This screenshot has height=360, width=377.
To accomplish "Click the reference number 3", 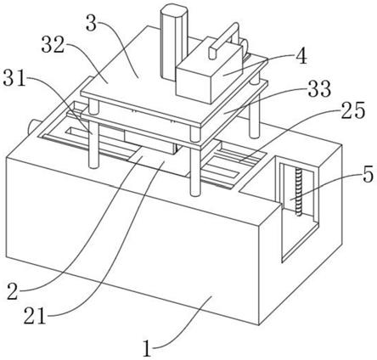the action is [x=92, y=23].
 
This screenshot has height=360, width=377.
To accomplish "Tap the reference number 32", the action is [x=53, y=45].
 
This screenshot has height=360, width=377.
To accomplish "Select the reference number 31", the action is [x=14, y=77].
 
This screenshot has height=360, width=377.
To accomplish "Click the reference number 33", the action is [x=319, y=88].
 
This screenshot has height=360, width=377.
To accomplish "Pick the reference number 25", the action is [x=353, y=110].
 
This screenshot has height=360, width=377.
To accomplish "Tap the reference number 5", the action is [x=368, y=175].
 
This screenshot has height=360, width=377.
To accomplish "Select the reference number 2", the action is [x=13, y=292].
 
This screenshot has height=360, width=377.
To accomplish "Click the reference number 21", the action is [x=35, y=316].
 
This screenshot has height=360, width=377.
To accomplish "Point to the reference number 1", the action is [x=147, y=348].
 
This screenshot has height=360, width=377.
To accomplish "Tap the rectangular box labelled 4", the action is [x=210, y=74].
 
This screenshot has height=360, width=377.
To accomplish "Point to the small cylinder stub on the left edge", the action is [x=33, y=127].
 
